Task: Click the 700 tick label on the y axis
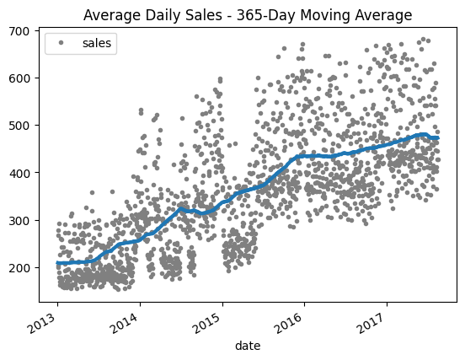point(19,31)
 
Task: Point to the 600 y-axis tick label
point(19,78)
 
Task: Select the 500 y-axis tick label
point(19,126)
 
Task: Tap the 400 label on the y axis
point(19,173)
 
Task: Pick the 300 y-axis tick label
point(19,221)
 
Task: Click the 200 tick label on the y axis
point(19,268)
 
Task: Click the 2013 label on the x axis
point(43,323)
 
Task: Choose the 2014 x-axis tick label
point(126,323)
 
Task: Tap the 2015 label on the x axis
point(207,323)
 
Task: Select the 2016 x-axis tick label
point(290,323)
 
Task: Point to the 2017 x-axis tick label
point(372,323)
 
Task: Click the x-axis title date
point(248,346)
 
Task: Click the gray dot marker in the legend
point(61,43)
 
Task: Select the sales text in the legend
point(97,43)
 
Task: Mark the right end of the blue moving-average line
point(438,137)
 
